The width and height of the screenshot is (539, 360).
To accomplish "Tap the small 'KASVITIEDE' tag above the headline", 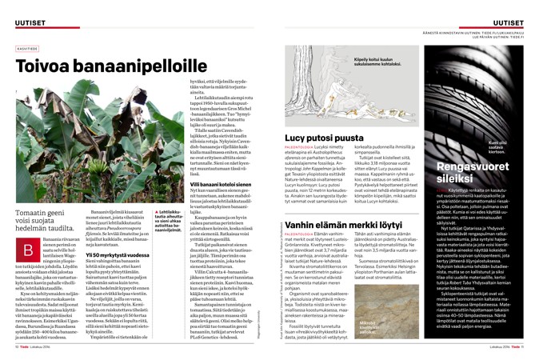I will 27,46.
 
